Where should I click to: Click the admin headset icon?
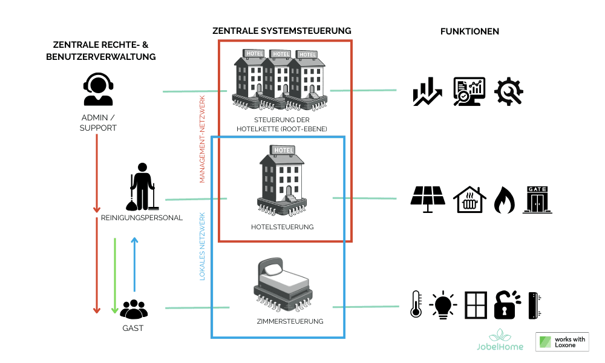[x=98, y=90]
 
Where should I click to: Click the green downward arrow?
[x=115, y=275]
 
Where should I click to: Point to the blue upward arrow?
[x=134, y=264]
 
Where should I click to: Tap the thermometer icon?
[x=416, y=304]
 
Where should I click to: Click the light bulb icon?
[x=443, y=304]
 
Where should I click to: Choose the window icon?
[x=476, y=305]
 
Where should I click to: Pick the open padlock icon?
[x=507, y=304]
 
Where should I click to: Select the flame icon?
[x=503, y=200]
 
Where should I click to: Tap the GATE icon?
[x=538, y=200]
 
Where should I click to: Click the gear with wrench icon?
[x=509, y=92]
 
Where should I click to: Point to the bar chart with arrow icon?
[x=428, y=92]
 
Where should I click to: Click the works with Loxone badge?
[x=562, y=342]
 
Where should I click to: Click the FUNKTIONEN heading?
[x=469, y=31]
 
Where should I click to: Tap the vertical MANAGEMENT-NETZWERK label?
[x=203, y=139]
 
